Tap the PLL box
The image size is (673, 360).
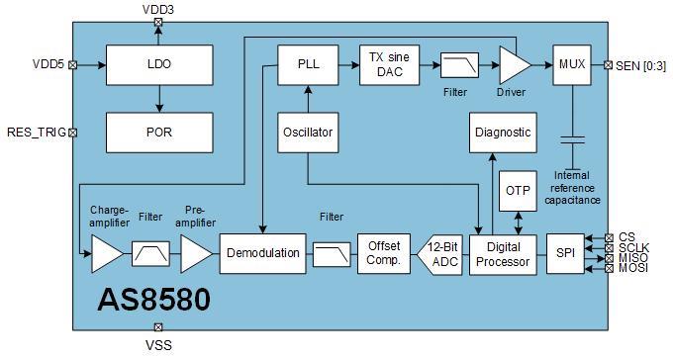tap(308, 64)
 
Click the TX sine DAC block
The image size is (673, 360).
tap(388, 64)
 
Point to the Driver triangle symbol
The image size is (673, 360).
tap(512, 65)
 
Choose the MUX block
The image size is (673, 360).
tap(571, 64)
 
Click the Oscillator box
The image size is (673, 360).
tap(308, 132)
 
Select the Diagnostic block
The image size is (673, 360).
tap(503, 132)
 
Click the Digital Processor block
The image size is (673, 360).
tap(501, 253)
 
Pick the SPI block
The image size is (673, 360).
tap(565, 253)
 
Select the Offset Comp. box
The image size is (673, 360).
tap(382, 253)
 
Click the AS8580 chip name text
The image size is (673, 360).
tap(153, 300)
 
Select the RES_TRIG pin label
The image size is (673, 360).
tap(34, 132)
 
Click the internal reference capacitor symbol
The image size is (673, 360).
tap(571, 138)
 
